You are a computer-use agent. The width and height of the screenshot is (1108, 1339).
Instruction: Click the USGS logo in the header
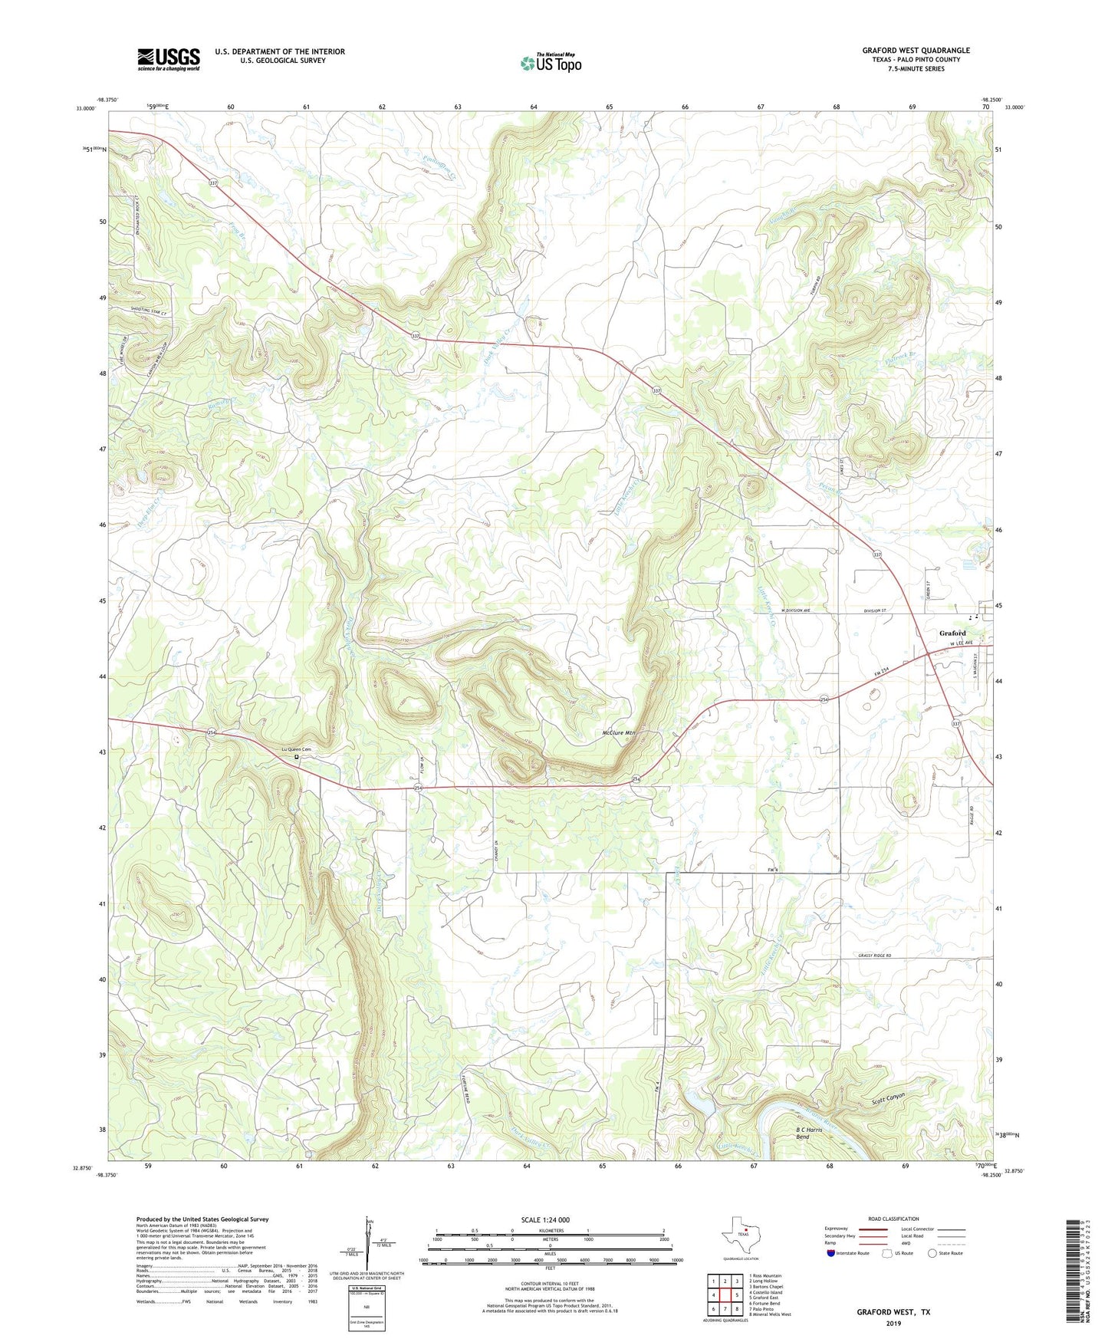[169, 59]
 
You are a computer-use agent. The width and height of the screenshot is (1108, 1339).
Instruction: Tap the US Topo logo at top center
[551, 62]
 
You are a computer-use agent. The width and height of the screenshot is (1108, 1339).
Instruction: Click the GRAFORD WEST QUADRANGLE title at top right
[916, 51]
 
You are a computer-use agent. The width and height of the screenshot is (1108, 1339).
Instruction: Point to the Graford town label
[952, 633]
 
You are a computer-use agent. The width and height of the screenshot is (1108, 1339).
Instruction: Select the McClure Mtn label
[618, 732]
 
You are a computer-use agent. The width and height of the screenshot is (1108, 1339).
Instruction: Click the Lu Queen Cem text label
[296, 749]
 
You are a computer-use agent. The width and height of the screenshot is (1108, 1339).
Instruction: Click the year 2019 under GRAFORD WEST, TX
[893, 1323]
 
